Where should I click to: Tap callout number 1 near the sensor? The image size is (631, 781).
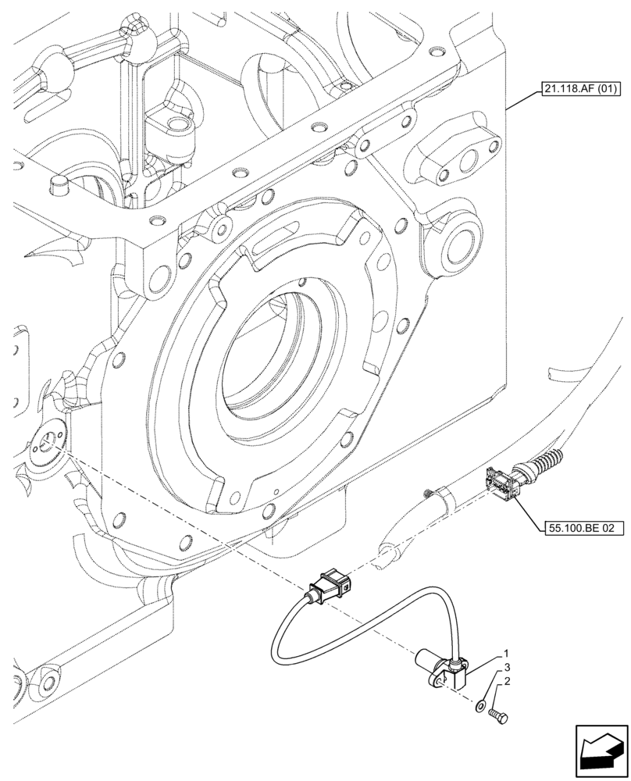pyautogui.click(x=506, y=653)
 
